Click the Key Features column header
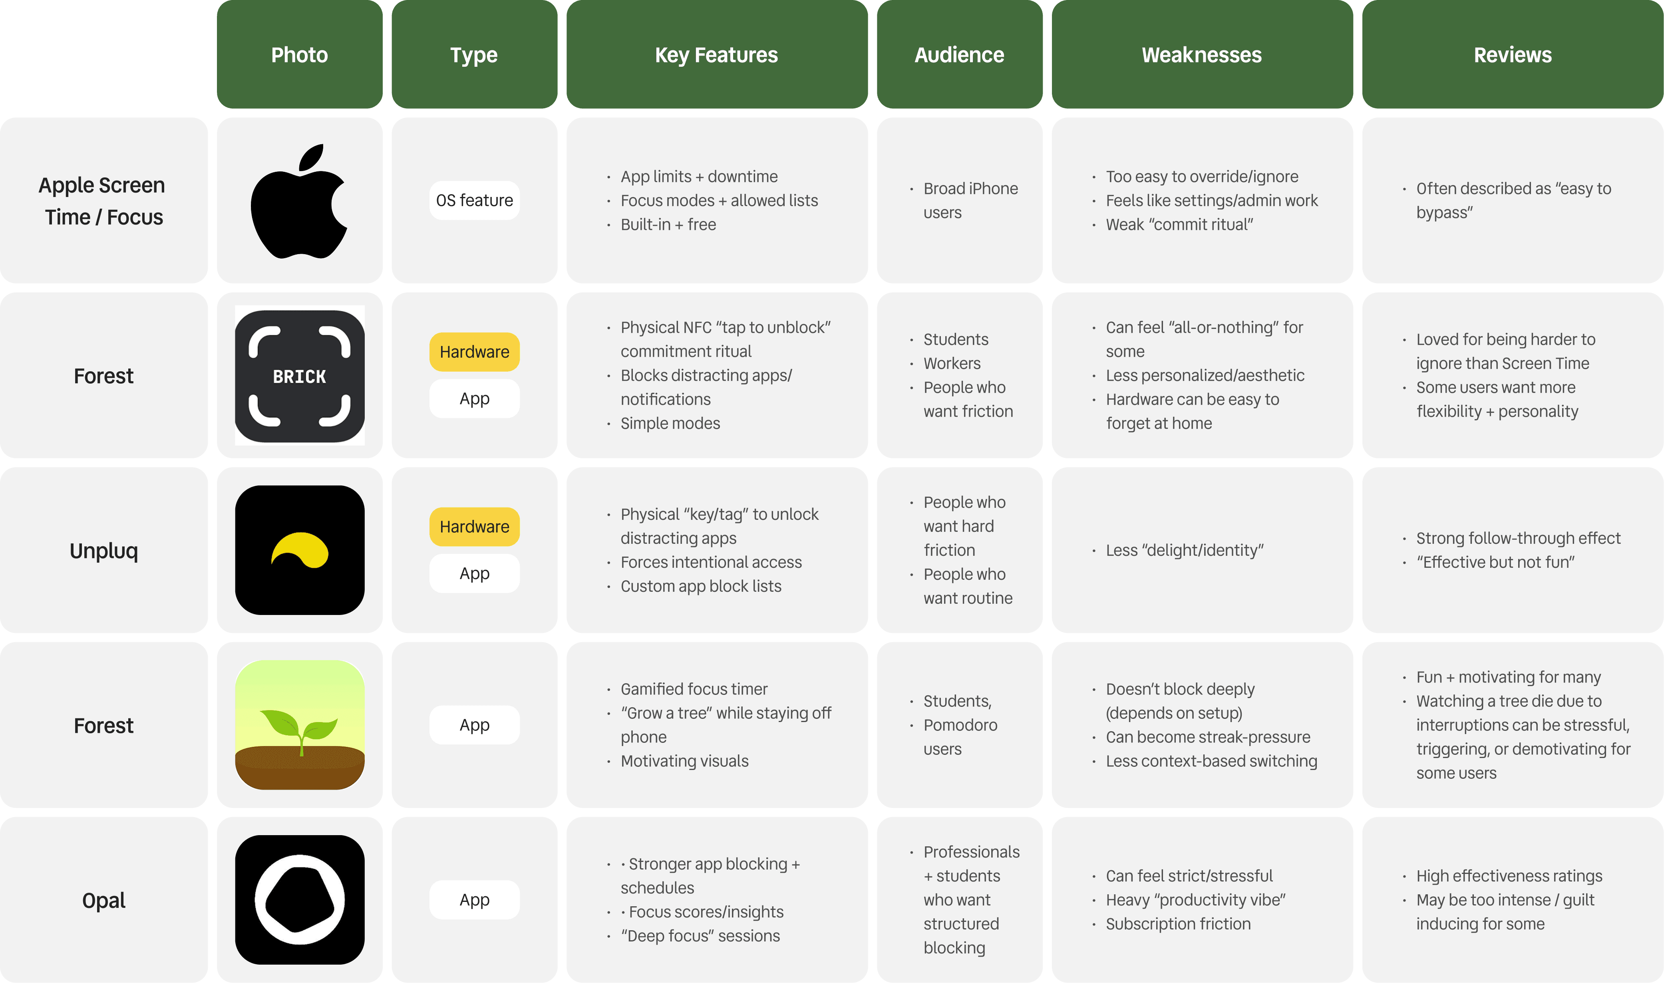716,55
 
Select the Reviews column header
1512,55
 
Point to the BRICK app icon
299,376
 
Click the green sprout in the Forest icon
299,728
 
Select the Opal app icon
299,899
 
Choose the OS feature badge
474,200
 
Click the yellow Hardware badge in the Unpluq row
474,527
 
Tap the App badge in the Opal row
474,899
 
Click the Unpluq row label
104,551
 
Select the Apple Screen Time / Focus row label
103,201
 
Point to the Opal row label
104,900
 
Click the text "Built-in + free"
668,225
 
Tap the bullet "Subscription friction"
1178,923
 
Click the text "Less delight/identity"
1185,551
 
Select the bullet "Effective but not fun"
1495,562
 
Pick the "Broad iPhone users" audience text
970,201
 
